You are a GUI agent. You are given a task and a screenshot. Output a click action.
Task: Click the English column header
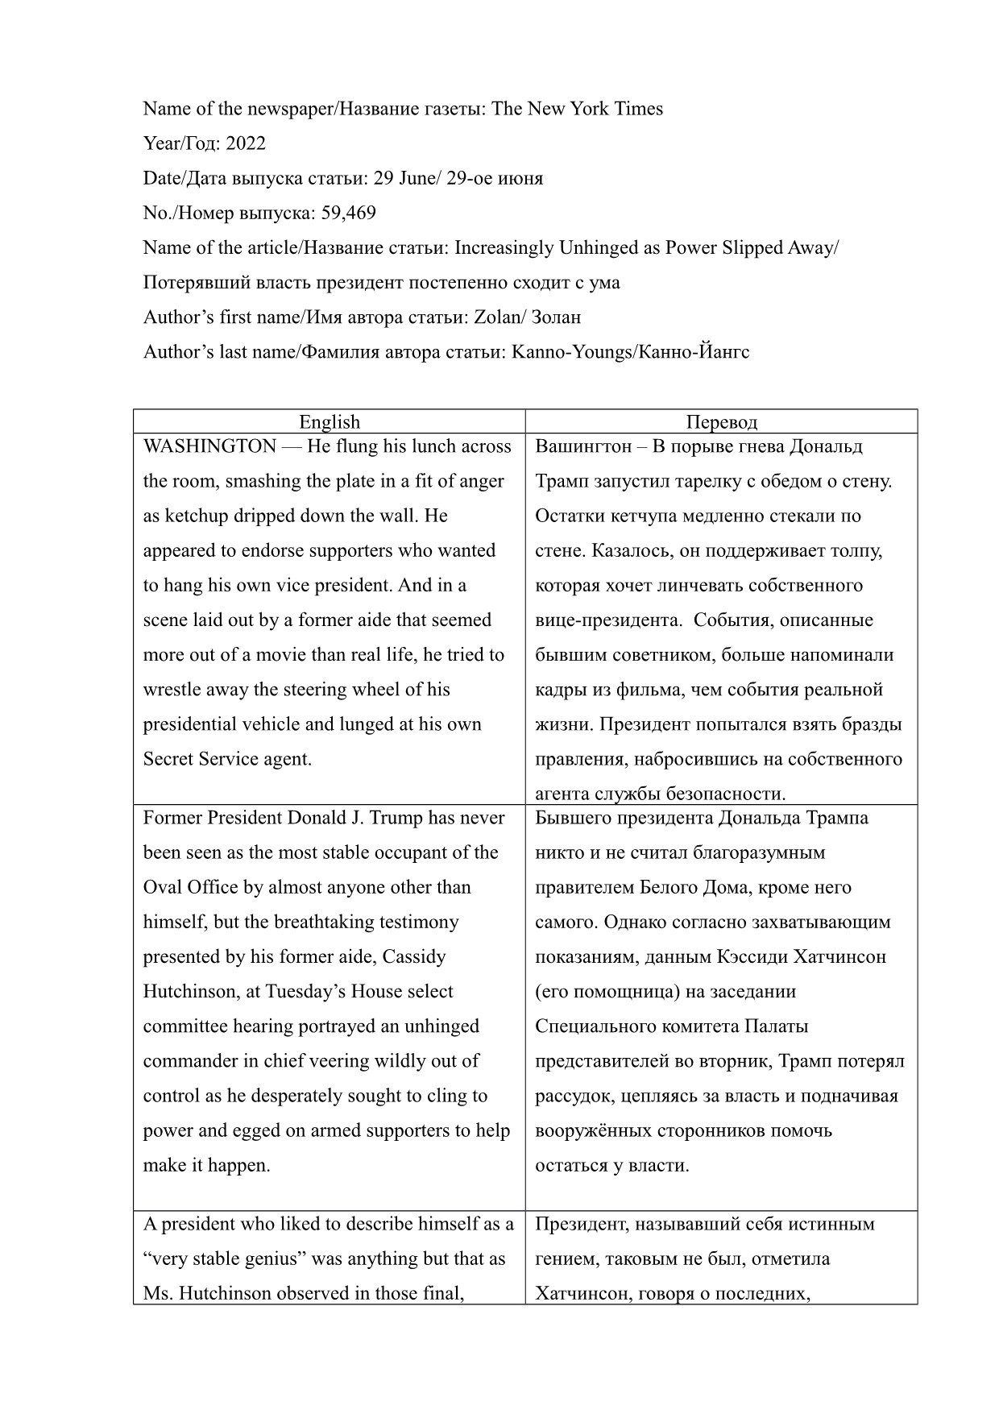coord(330,421)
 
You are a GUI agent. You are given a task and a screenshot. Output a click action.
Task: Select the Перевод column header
coord(721,421)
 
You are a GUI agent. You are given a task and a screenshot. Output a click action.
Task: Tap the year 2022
coord(246,143)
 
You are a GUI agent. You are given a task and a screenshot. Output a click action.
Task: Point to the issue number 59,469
coord(348,213)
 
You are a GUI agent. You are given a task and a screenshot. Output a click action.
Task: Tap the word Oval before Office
coord(163,887)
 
